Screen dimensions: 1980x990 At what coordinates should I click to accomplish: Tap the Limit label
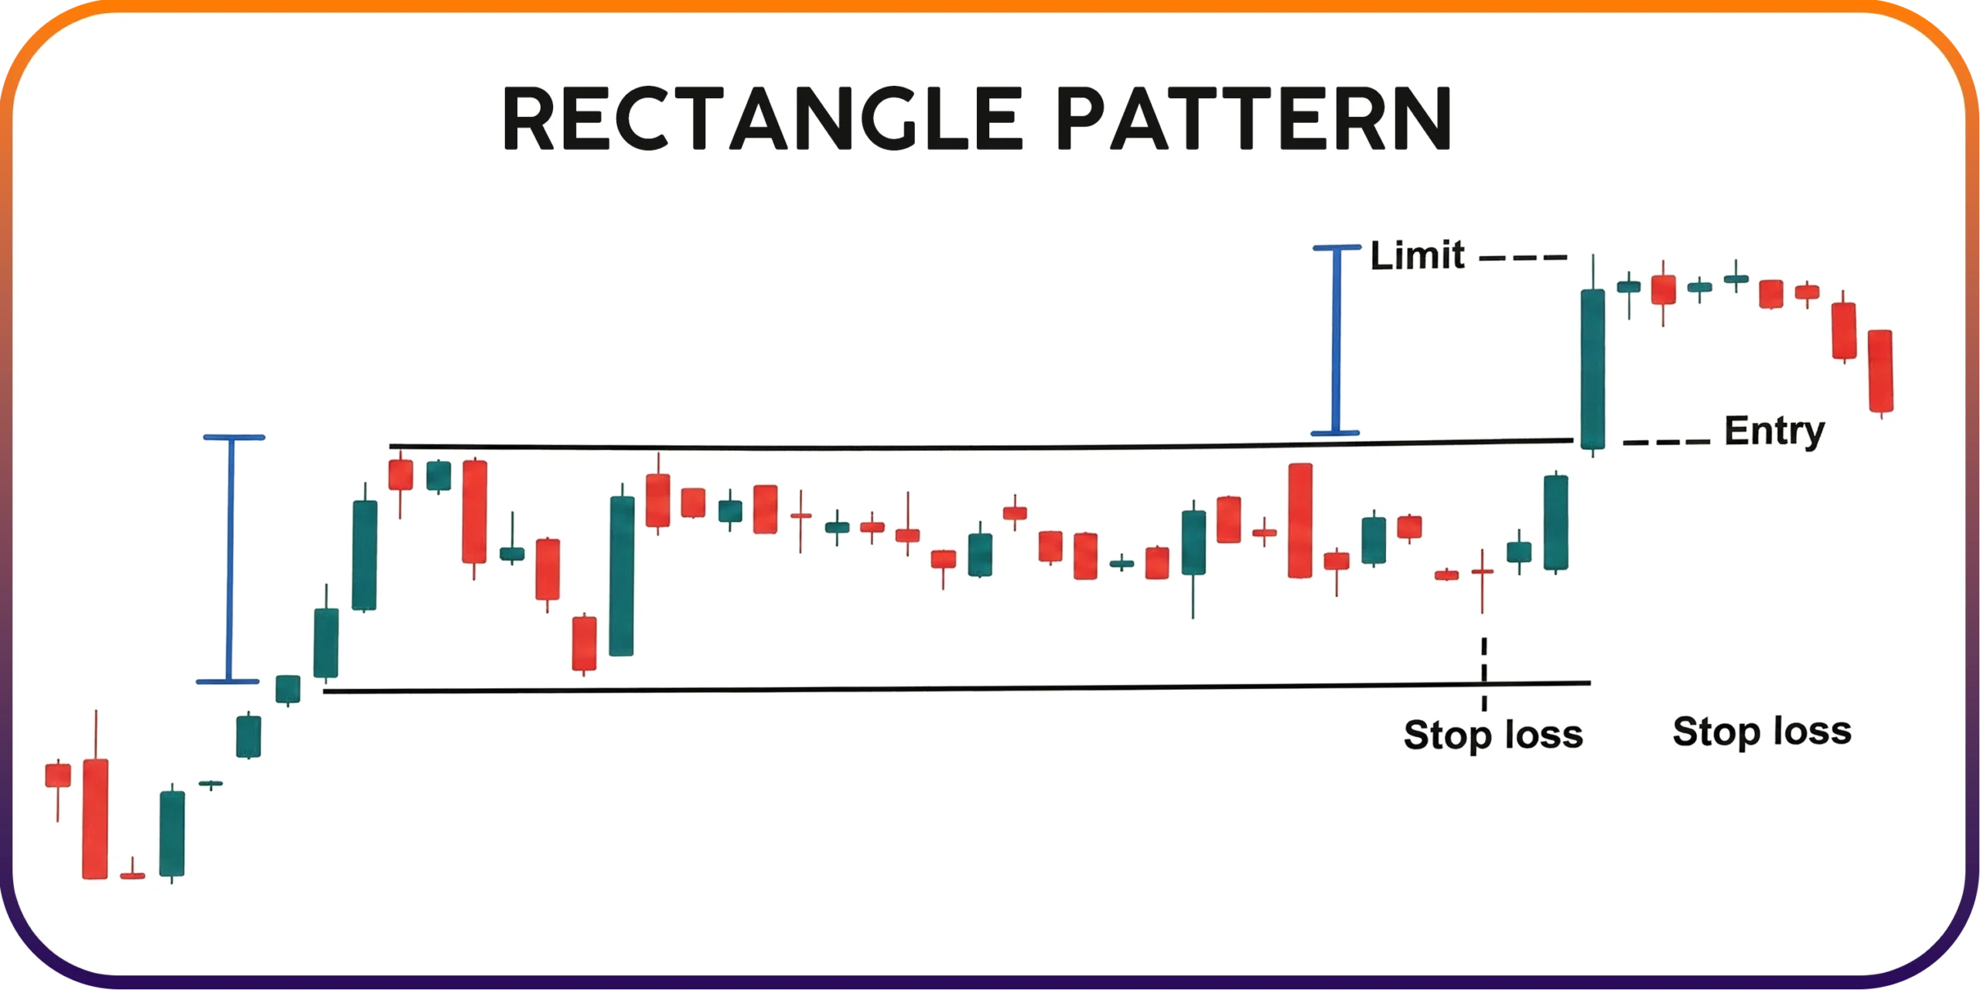coord(1417,255)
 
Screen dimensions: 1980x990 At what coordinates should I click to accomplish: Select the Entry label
coord(1774,432)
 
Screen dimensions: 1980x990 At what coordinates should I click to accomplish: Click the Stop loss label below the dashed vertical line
coord(1493,735)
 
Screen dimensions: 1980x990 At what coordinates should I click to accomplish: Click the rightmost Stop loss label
coord(1762,732)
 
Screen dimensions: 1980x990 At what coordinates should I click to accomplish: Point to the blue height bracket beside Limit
coord(1336,340)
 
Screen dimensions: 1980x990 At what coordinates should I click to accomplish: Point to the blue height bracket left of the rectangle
coord(230,559)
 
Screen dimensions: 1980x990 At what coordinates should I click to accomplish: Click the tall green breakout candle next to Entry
coord(1593,369)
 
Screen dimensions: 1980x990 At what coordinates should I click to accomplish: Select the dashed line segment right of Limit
coord(1523,258)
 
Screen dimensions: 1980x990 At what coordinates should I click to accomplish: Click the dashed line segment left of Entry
coord(1666,442)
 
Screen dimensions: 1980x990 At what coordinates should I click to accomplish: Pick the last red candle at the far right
coord(1880,371)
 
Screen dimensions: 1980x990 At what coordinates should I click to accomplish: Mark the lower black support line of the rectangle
coord(956,688)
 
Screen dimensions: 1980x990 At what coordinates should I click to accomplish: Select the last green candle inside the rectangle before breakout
coord(1555,523)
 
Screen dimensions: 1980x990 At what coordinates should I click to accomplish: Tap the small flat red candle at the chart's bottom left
coord(132,875)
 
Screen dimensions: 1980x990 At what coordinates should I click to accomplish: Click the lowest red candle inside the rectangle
coord(584,643)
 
